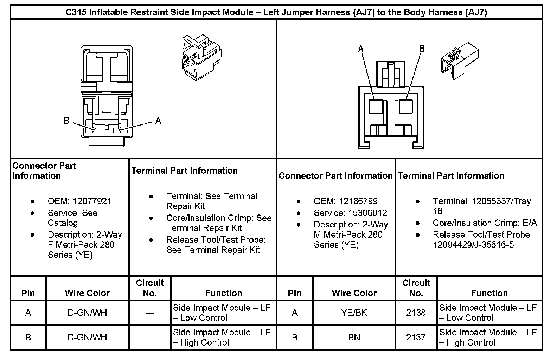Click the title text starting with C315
point(276,13)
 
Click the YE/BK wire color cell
point(354,313)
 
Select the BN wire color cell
point(354,337)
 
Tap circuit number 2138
point(416,313)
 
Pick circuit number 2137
point(416,337)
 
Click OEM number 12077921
point(92,201)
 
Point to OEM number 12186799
point(358,201)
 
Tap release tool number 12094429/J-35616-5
point(473,244)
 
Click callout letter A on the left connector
point(158,121)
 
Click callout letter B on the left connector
point(67,121)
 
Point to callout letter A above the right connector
point(361,49)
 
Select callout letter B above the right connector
point(422,49)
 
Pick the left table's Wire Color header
point(87,293)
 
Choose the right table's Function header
point(489,293)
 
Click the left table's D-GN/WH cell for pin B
point(87,337)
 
